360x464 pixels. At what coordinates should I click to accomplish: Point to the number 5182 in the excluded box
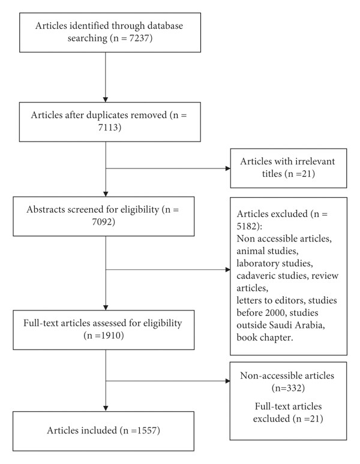(x=247, y=227)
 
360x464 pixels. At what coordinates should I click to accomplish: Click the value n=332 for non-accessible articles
(x=289, y=388)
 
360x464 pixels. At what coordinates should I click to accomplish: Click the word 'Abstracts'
(x=46, y=209)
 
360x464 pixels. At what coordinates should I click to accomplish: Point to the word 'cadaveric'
(x=256, y=276)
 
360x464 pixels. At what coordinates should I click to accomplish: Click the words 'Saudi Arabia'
(x=296, y=325)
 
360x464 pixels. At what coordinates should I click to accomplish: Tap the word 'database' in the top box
(x=165, y=26)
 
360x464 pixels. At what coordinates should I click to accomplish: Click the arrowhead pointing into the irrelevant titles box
(x=228, y=168)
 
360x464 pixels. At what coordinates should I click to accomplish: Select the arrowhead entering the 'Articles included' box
(x=106, y=408)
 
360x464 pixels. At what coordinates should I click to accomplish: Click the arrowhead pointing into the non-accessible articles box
(x=227, y=381)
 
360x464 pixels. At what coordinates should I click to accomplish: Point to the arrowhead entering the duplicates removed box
(x=106, y=100)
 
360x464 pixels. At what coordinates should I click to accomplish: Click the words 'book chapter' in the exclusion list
(x=265, y=338)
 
